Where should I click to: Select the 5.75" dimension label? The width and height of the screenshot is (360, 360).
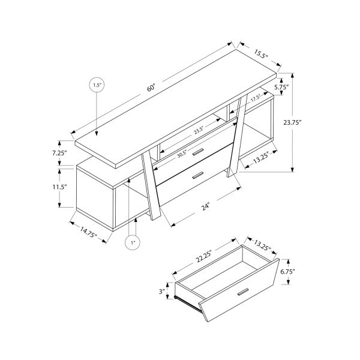(x=281, y=86)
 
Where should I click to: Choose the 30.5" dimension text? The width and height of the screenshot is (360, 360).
(x=182, y=153)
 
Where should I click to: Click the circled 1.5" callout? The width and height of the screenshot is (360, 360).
(x=98, y=86)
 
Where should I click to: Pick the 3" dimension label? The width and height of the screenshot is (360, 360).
(x=163, y=292)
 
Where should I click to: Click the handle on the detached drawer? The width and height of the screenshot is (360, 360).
(x=243, y=292)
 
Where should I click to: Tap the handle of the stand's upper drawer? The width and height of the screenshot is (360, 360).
(x=197, y=154)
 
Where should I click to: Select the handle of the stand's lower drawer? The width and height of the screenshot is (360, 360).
(x=197, y=176)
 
